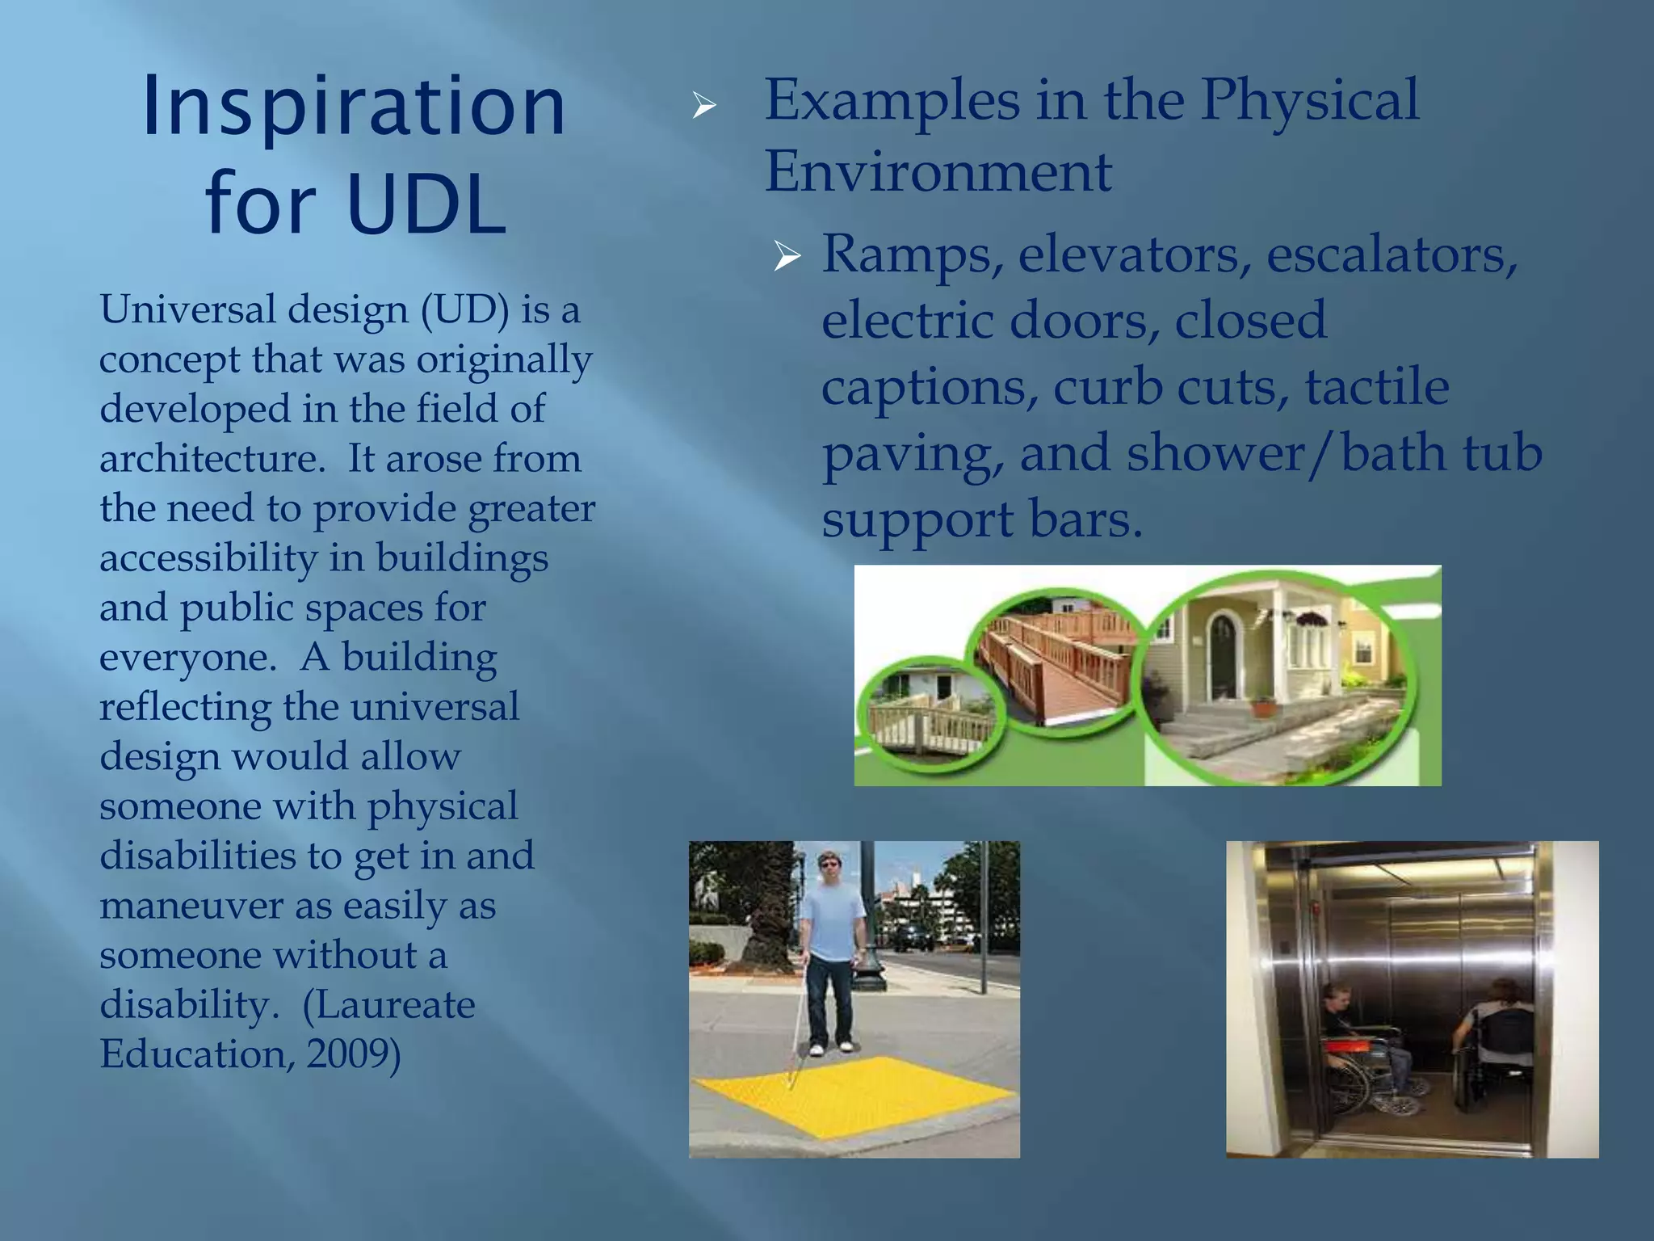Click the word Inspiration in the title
coord(353,107)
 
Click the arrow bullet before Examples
coord(704,105)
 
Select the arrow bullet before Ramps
coord(786,256)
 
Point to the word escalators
coord(1392,255)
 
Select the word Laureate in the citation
coord(388,1005)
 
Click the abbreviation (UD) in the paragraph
coord(464,309)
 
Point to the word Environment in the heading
coord(938,172)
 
